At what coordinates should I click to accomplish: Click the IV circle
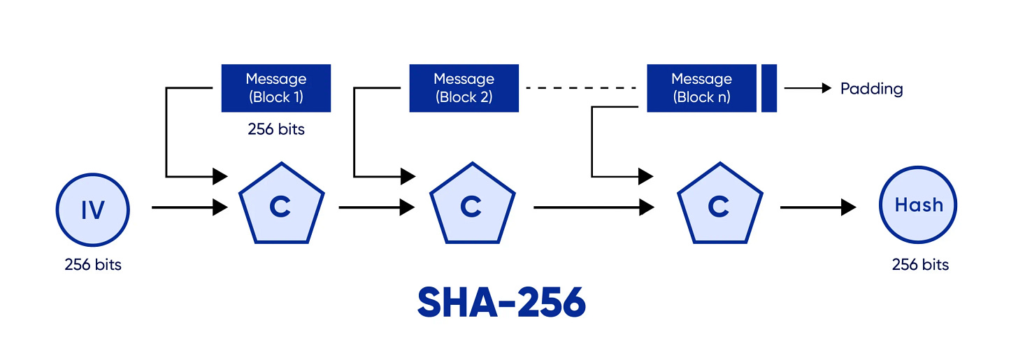(93, 208)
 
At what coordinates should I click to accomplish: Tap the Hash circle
(919, 206)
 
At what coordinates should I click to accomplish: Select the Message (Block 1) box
(275, 88)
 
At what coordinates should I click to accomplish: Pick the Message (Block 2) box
(464, 88)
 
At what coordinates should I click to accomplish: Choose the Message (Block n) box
(701, 88)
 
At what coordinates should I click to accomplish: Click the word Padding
(871, 89)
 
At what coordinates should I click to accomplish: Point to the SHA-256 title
(501, 302)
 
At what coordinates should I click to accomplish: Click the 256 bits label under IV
(93, 265)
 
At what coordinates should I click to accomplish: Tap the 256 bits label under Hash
(920, 264)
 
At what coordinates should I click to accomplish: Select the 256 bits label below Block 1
(275, 129)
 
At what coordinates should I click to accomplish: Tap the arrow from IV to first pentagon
(189, 207)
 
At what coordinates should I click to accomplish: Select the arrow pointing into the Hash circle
(817, 207)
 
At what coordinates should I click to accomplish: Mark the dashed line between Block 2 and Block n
(582, 88)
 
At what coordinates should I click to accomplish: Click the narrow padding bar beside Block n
(769, 88)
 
